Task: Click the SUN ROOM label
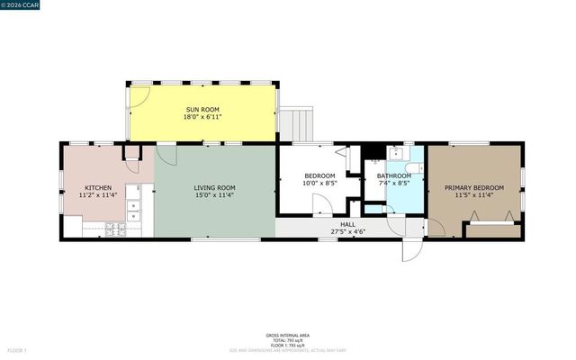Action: [202, 110]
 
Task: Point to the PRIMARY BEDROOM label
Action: [473, 187]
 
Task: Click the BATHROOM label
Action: [394, 175]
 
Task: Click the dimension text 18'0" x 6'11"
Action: [202, 118]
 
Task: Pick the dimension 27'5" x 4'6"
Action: [346, 232]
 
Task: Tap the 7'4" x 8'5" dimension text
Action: [394, 184]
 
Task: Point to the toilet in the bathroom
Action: [412, 168]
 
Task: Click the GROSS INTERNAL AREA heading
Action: [287, 332]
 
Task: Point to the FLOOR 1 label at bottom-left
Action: [18, 348]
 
